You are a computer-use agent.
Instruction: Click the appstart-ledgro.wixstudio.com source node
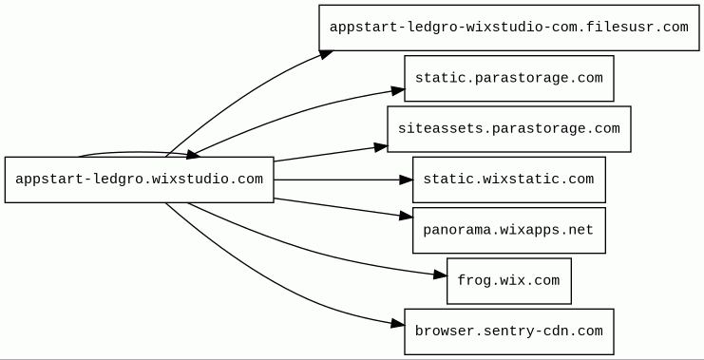139,180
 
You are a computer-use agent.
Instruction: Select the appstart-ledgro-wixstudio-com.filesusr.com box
509,28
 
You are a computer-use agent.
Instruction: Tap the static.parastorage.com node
509,79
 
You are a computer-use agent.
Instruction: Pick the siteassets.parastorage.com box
509,129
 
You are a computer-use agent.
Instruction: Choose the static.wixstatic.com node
509,180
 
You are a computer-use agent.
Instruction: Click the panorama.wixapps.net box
509,230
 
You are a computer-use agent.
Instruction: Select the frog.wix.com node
509,281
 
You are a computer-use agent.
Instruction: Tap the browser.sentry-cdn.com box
509,332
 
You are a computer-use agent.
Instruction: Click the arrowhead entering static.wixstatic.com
406,180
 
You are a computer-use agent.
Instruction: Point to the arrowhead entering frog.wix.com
441,275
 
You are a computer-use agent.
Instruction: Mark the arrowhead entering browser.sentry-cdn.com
398,323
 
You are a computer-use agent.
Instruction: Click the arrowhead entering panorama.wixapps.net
406,217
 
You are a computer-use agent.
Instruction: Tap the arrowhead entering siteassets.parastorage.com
381,147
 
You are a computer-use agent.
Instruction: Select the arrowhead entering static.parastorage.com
398,90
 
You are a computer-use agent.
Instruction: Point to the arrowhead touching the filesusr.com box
327,54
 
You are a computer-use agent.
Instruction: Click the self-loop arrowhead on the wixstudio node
193,155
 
